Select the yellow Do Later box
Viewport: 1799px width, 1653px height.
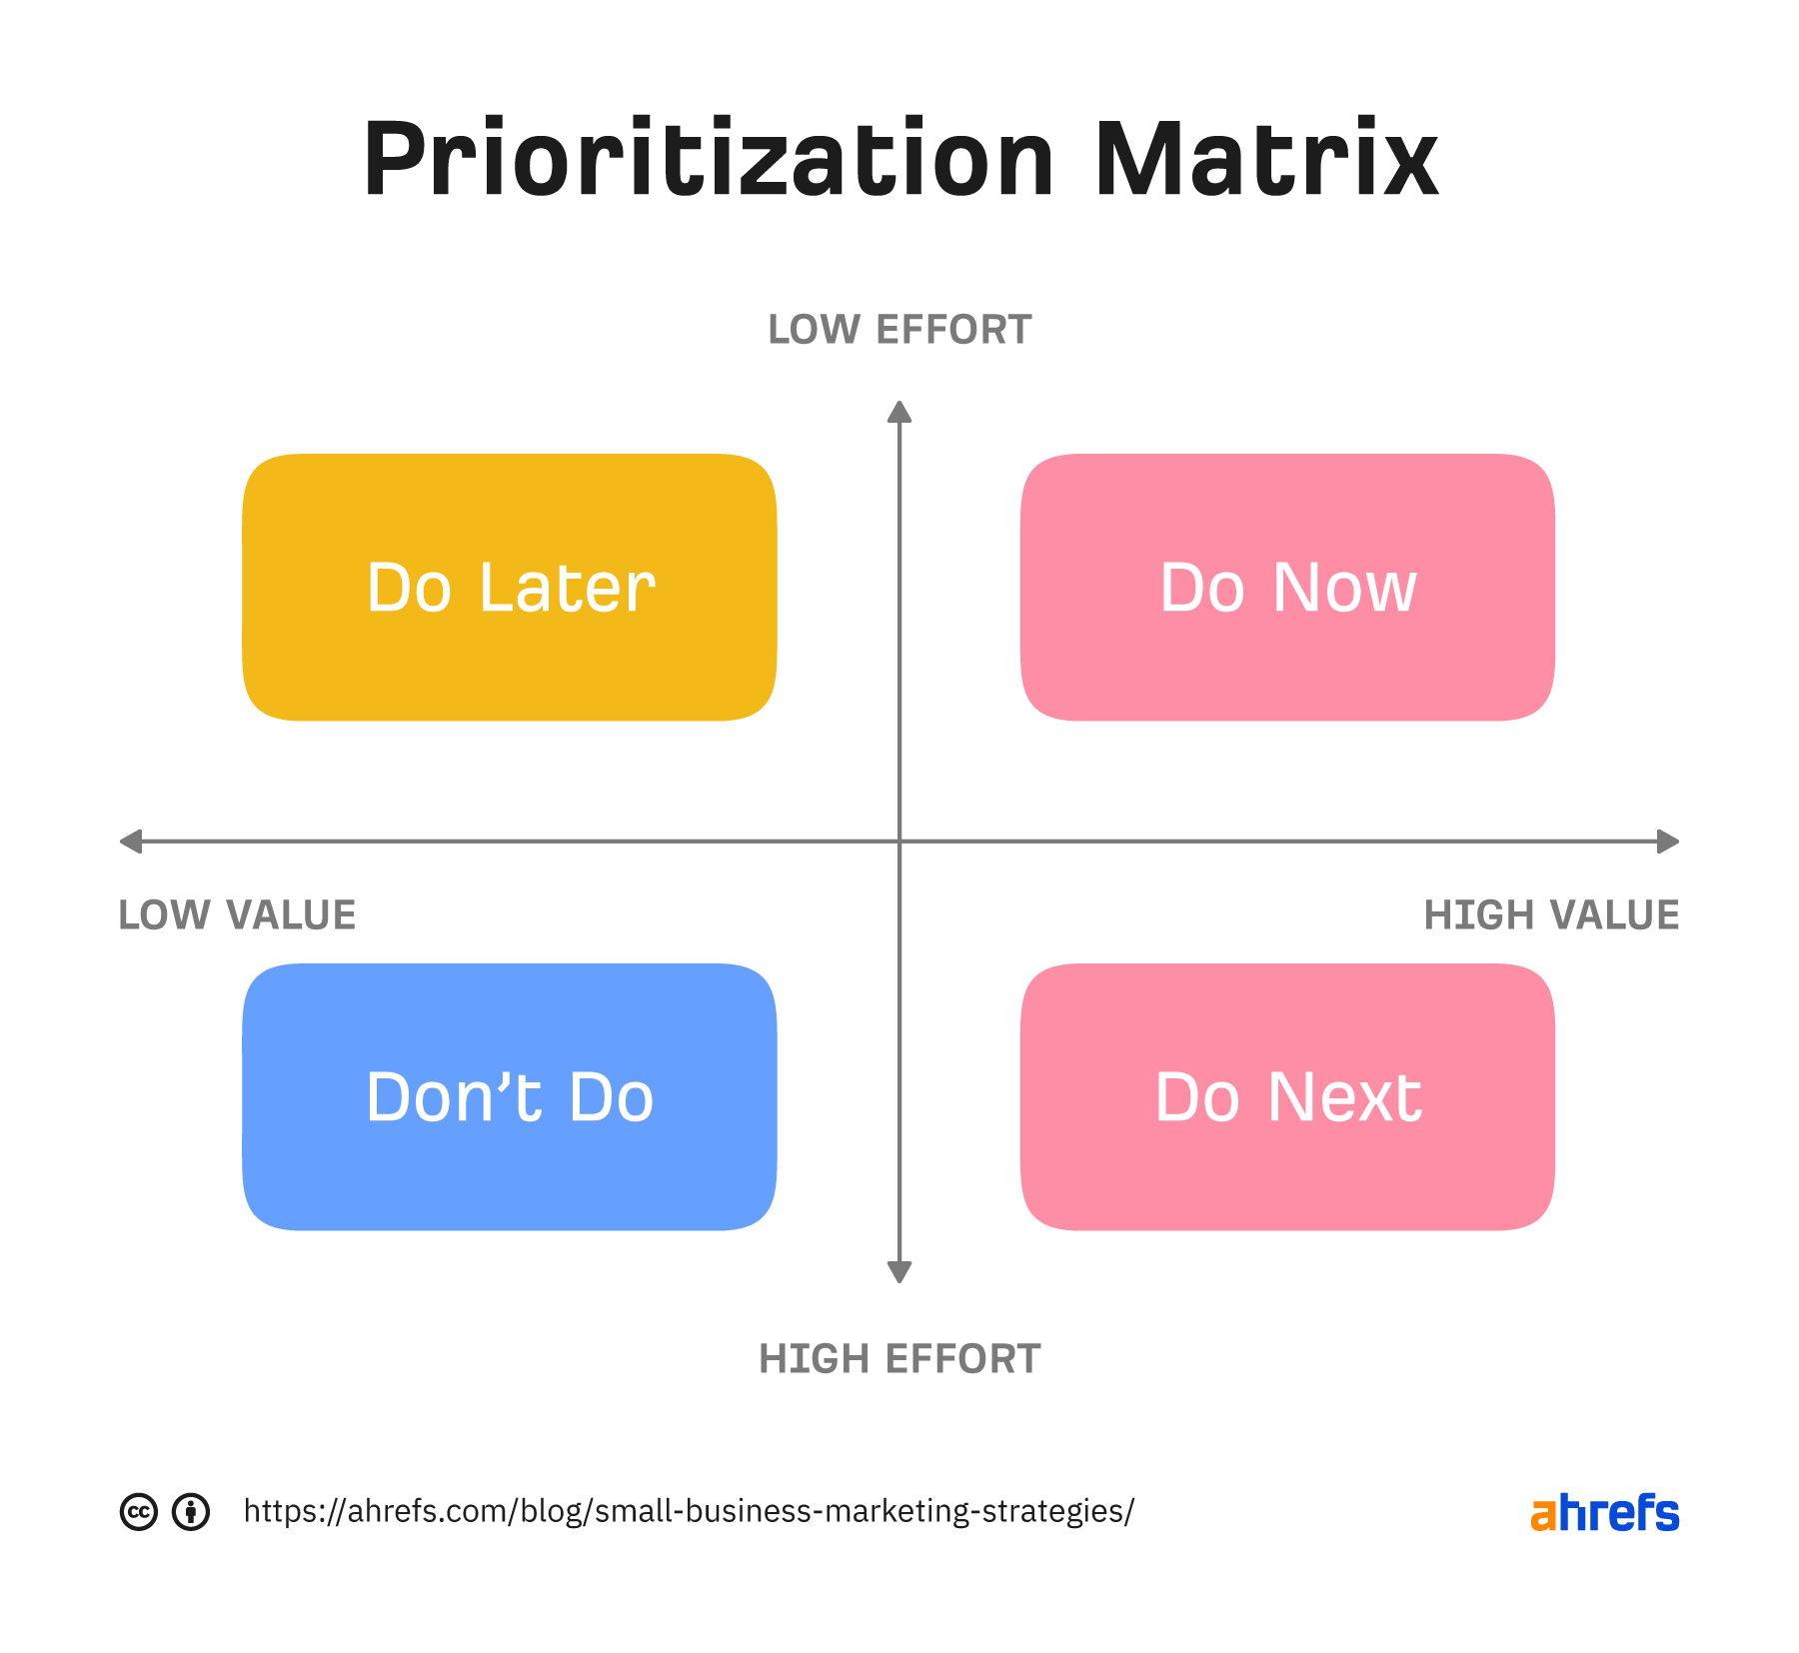tap(510, 588)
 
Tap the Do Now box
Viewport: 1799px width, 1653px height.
tap(1287, 588)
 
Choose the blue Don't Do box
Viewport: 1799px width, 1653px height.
tap(510, 1096)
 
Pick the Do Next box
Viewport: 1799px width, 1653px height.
tap(1287, 1096)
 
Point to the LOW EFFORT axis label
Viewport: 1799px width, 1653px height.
tap(899, 330)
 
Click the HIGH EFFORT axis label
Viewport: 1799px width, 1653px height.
tap(899, 1359)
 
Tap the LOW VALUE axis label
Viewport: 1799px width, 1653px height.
tap(237, 915)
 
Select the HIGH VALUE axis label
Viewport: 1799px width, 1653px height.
tap(1551, 915)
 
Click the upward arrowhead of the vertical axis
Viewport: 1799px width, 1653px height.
tap(899, 412)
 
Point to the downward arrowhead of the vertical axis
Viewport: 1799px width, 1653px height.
tap(899, 1272)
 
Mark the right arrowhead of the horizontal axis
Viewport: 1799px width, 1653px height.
tap(1668, 841)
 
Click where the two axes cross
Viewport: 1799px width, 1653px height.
tap(899, 841)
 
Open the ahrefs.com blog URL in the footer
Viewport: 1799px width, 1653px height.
tap(689, 1511)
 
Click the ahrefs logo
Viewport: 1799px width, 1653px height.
tap(1604, 1513)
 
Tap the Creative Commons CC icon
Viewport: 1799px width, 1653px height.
tap(139, 1512)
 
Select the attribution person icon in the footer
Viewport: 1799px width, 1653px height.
tap(191, 1512)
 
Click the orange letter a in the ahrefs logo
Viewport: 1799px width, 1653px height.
tap(1543, 1516)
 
